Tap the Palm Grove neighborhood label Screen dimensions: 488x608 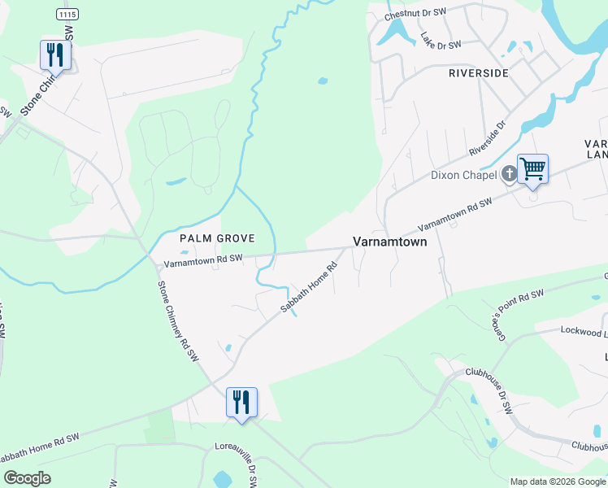click(217, 238)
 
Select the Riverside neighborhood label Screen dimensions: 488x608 click(479, 73)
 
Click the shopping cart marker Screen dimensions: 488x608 click(532, 169)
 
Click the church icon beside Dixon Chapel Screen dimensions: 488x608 click(509, 172)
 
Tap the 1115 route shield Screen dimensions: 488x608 click(69, 15)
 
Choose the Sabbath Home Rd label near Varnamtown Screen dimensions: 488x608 click(309, 290)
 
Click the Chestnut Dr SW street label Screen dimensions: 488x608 click(415, 14)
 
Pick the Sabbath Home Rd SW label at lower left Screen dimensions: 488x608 click(42, 448)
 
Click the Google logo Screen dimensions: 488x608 click(27, 478)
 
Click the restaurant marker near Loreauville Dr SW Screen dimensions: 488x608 click(241, 402)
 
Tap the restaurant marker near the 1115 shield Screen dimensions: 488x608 click(55, 54)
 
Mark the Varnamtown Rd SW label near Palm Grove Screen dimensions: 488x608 click(203, 260)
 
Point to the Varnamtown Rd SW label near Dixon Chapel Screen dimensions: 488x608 click(455, 216)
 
